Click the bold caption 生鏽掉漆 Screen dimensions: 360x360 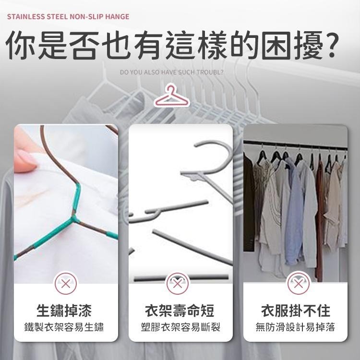pyautogui.click(x=65, y=310)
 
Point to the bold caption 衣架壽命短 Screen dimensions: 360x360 pyautogui.click(x=179, y=310)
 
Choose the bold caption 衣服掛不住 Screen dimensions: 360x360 pyautogui.click(x=295, y=310)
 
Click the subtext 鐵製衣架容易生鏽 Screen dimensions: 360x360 pyautogui.click(x=65, y=328)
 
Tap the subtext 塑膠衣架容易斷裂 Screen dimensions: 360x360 pyautogui.click(x=179, y=328)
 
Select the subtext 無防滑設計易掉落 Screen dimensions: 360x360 pyautogui.click(x=295, y=328)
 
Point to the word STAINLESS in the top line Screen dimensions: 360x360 pyautogui.click(x=25, y=17)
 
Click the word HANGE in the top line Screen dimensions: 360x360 pyautogui.click(x=118, y=17)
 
